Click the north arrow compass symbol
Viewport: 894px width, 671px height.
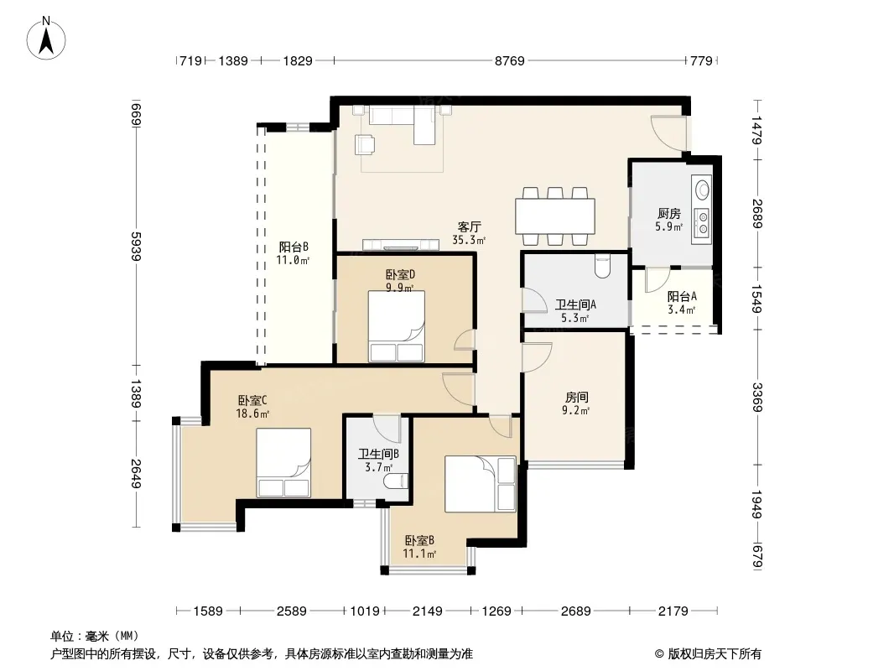(46, 39)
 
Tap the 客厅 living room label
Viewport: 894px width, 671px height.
(469, 226)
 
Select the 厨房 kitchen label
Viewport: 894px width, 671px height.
(668, 213)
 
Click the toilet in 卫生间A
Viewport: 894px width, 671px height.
(603, 265)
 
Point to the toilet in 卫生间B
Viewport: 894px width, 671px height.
(397, 481)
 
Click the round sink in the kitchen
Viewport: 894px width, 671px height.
(703, 188)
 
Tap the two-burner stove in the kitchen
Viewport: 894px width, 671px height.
(703, 222)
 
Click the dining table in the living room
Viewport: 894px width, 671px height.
(554, 216)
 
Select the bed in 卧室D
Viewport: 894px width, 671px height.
(396, 326)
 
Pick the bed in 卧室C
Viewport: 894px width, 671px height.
(283, 462)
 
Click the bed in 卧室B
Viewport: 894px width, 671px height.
(480, 483)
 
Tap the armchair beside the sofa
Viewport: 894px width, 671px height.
(364, 144)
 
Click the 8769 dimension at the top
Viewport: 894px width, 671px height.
(509, 60)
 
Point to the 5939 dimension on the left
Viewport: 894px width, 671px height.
(136, 247)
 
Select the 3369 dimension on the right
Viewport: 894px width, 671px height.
(756, 397)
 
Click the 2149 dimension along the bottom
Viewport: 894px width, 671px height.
(427, 611)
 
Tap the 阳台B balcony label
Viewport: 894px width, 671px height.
(294, 247)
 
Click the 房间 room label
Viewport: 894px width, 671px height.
(576, 397)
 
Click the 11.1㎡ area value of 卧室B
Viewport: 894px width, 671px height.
(419, 554)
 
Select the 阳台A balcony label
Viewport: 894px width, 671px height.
(682, 296)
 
